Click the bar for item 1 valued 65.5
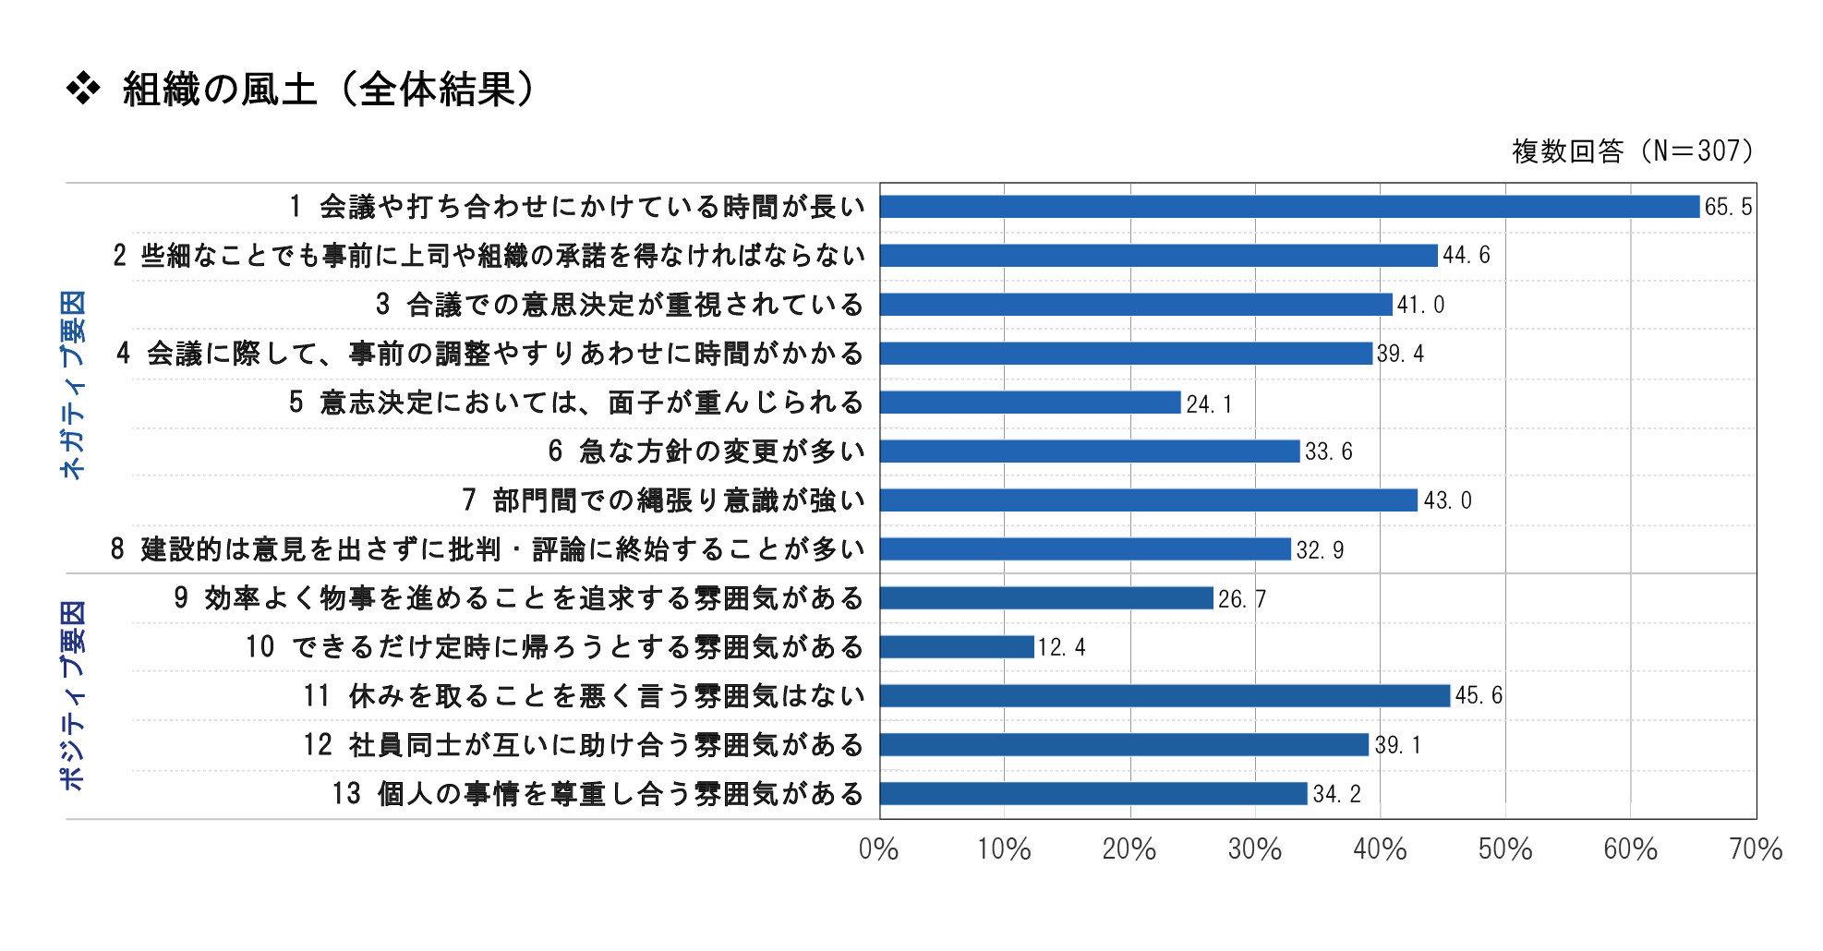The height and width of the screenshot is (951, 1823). coord(1289,207)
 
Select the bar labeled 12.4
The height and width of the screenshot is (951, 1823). coord(957,647)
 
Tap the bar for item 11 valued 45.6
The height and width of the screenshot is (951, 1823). coord(1165,696)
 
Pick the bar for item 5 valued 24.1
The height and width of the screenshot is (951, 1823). coord(1030,403)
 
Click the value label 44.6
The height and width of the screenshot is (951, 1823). coord(1467,256)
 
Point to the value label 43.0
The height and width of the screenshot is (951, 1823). coord(1447,500)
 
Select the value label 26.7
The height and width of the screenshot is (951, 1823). coord(1241,599)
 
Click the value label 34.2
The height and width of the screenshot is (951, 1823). coord(1336,794)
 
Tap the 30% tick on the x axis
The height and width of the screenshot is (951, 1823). coord(1254,849)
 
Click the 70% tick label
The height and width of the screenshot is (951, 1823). coord(1756,849)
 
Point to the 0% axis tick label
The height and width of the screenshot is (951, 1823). coord(878,849)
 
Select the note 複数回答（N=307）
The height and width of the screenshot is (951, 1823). coord(1632,150)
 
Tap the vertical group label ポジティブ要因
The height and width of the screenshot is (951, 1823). coord(72,695)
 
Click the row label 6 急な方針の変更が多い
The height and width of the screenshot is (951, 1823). coord(706,451)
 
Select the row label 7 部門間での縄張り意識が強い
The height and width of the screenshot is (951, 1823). coord(663,500)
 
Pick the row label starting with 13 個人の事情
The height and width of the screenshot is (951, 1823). coord(598,794)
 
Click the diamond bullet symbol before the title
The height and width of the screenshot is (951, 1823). coord(83,90)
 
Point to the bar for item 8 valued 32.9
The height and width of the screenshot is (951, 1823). coord(1085,549)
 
